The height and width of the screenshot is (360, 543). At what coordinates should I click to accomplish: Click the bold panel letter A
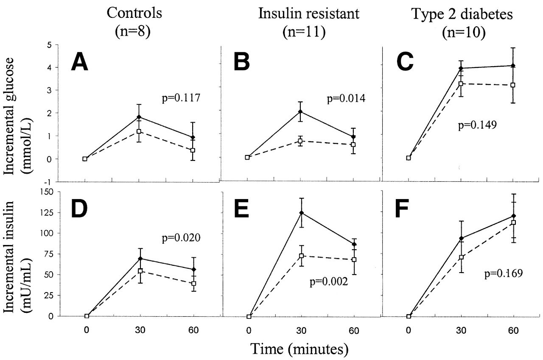(x=80, y=63)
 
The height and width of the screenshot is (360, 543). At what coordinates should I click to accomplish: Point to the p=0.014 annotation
(x=343, y=99)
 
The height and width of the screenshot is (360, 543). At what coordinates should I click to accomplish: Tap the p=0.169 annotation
(x=503, y=273)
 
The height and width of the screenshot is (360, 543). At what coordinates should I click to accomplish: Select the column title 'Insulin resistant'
(x=308, y=14)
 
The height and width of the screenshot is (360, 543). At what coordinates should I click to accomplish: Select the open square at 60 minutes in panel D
(x=193, y=284)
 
